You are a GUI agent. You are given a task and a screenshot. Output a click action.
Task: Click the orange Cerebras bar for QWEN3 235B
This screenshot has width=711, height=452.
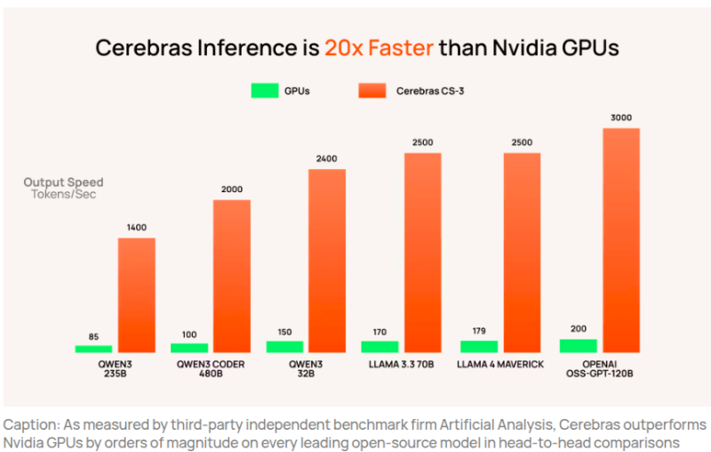(136, 295)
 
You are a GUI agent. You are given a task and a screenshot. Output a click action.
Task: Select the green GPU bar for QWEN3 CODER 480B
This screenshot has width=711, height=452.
(188, 348)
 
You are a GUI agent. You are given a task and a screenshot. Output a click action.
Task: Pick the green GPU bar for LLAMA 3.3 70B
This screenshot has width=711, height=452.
(379, 346)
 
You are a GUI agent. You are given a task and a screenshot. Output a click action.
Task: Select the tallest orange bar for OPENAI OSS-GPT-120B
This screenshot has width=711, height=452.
(621, 239)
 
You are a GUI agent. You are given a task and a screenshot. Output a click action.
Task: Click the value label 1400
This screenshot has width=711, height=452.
(136, 228)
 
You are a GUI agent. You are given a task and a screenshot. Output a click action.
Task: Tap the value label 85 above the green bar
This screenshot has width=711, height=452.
(93, 336)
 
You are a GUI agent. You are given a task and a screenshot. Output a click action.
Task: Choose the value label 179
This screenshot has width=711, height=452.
(478, 331)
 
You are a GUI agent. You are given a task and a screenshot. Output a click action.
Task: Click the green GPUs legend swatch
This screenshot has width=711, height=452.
(265, 91)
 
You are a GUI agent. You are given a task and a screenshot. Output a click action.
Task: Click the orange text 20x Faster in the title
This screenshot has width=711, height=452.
(379, 47)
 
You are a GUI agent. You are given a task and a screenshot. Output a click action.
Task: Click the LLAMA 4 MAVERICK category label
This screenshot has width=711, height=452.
(500, 364)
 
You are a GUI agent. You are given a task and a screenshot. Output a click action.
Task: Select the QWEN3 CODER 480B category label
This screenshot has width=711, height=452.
(209, 368)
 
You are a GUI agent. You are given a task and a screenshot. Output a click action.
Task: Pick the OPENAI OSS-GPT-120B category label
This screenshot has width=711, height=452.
(600, 368)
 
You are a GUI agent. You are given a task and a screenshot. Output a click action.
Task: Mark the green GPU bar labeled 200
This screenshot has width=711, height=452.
(578, 346)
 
